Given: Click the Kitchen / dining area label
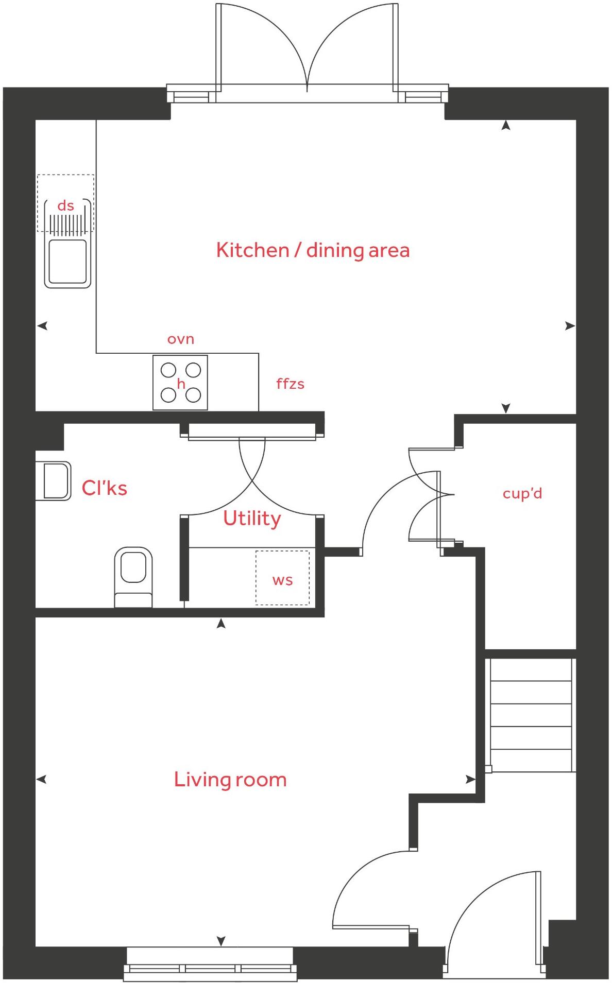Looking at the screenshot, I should [313, 250].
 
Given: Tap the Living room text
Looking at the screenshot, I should [230, 780].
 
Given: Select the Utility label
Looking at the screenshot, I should [252, 519].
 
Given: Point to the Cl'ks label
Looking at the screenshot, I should [104, 488].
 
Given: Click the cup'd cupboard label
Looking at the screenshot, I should [522, 494].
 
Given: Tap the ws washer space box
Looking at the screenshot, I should [282, 578].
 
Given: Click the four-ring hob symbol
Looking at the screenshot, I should [180, 383].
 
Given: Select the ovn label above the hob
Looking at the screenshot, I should [181, 339].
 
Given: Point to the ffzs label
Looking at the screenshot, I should [290, 384].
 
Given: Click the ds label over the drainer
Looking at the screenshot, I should [65, 206].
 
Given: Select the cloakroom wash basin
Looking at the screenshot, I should [54, 481].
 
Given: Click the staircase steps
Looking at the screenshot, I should [531, 716].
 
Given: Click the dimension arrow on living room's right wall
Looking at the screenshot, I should [470, 780].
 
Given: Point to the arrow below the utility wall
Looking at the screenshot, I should [221, 624].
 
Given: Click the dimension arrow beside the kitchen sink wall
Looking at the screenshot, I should [43, 325].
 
